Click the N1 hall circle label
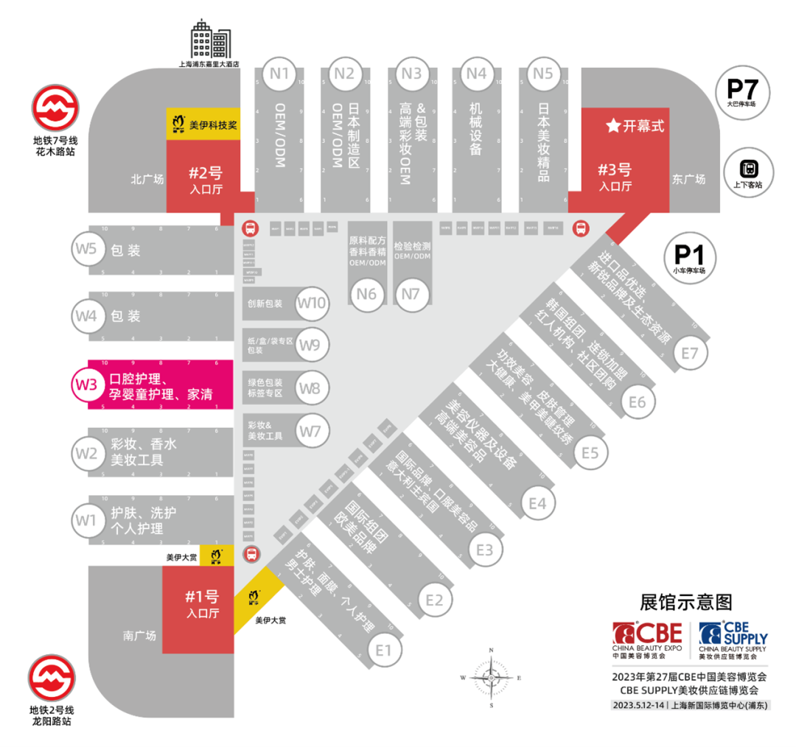279,74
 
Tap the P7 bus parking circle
742,92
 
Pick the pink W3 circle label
85,384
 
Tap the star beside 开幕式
612,126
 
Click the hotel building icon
210,40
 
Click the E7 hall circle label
689,354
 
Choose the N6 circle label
366,295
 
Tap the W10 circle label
312,303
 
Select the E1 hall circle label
383,650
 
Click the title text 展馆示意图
685,602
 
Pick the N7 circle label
411,295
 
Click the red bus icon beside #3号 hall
581,229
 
